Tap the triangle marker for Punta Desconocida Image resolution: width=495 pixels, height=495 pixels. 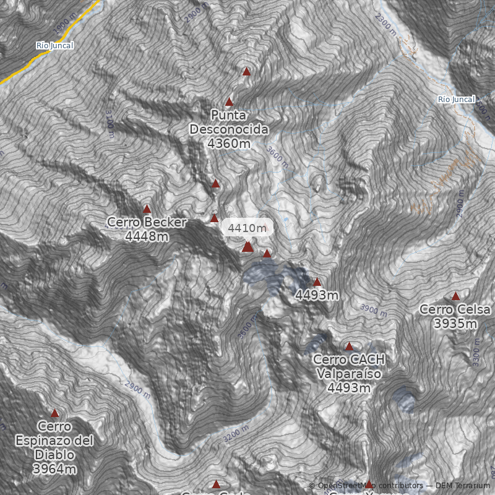229,102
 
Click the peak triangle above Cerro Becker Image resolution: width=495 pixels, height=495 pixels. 147,209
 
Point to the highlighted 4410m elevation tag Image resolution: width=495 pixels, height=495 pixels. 247,228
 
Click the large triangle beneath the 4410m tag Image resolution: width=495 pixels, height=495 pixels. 247,247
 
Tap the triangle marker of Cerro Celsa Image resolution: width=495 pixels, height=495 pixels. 456,296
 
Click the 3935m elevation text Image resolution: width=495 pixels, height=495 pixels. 455,324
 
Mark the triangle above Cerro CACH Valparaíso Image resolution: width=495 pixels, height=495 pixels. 349,346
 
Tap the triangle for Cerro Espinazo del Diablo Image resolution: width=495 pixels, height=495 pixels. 54,413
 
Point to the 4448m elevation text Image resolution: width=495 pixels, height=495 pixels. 147,236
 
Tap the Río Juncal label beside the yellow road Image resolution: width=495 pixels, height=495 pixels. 55,46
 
